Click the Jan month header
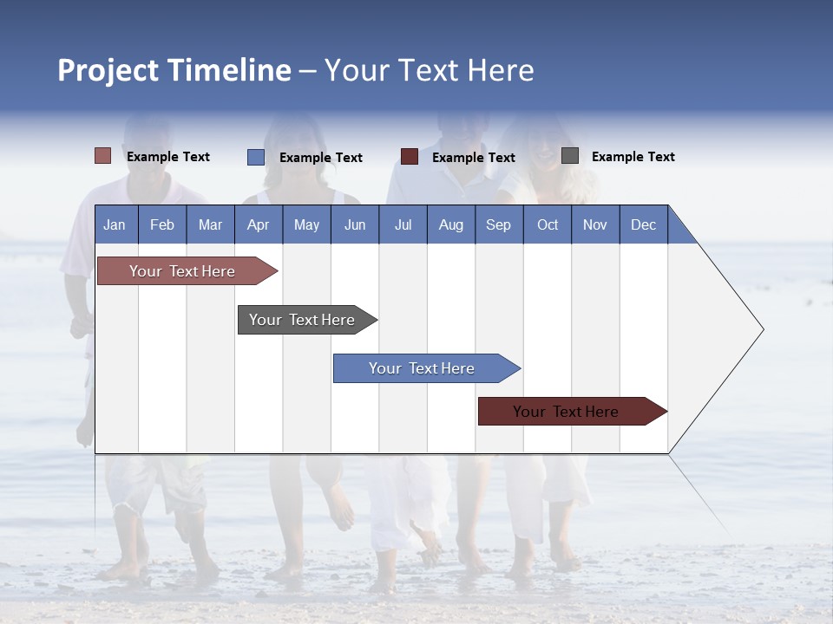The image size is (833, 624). click(115, 224)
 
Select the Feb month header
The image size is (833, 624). click(162, 224)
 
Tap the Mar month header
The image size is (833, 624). click(210, 224)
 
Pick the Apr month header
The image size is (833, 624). click(258, 224)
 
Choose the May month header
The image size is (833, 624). click(306, 224)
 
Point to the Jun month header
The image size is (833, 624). click(355, 224)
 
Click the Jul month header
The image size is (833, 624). click(403, 224)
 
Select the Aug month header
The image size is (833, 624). click(450, 224)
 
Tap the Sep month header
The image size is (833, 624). click(498, 224)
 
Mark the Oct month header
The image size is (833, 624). click(548, 224)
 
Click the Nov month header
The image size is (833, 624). click(595, 224)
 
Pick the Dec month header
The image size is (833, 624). click(643, 224)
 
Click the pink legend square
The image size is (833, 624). click(102, 156)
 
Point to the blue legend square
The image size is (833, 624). click(256, 157)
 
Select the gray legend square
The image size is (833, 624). click(570, 156)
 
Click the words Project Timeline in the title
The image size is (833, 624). click(174, 70)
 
